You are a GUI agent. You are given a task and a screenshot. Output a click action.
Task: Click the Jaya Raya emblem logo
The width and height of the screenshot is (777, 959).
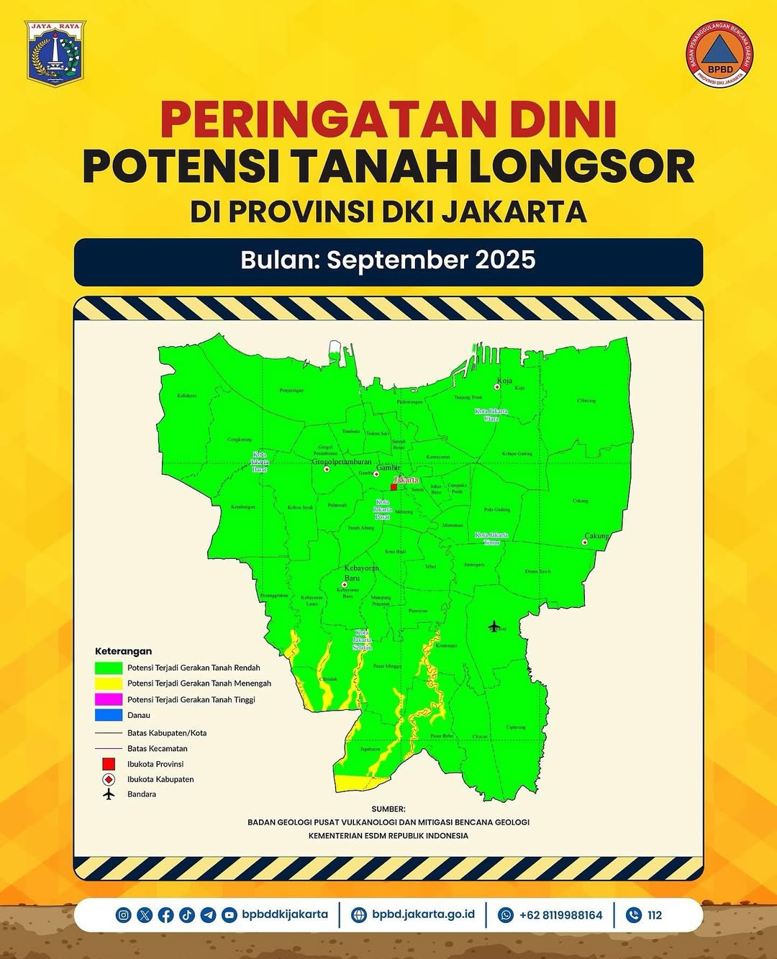point(55,53)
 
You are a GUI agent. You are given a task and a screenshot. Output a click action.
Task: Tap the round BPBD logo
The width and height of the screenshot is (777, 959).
point(719,54)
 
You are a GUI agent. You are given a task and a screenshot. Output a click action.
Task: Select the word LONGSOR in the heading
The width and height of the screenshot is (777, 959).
point(583,167)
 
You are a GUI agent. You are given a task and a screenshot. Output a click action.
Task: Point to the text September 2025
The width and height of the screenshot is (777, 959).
point(431,260)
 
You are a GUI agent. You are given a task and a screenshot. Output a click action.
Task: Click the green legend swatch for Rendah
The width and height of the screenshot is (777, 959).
point(109,668)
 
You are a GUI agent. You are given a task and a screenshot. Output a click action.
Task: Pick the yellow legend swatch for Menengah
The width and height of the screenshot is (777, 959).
point(109,683)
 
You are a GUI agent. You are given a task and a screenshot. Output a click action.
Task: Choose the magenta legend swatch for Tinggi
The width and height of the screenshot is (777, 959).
point(109,699)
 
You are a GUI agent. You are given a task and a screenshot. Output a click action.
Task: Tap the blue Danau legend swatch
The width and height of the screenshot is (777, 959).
point(109,715)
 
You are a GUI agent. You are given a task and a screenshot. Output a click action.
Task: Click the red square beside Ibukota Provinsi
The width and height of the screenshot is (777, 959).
point(109,764)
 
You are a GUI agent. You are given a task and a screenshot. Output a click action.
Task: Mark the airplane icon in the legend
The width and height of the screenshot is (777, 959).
point(109,794)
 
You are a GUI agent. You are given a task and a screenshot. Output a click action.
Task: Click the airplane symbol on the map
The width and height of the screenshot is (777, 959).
point(494,627)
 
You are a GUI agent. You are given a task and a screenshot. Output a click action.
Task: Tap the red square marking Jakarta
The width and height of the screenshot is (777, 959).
point(394,487)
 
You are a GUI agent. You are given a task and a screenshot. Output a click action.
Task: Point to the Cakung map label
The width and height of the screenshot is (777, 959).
point(596,536)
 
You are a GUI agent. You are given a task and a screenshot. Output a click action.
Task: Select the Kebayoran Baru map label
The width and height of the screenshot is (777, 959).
point(361,573)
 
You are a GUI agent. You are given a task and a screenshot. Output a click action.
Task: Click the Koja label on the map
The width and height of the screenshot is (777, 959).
point(504,381)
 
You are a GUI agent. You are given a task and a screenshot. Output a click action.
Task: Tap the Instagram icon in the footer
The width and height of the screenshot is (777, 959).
point(124,915)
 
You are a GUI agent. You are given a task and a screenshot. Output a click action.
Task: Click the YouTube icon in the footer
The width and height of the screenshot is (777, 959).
point(229,915)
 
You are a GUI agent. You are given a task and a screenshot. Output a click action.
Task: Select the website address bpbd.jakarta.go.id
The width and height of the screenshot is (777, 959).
point(423,914)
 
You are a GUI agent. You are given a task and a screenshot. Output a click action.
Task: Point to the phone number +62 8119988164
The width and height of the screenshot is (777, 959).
point(560,915)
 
